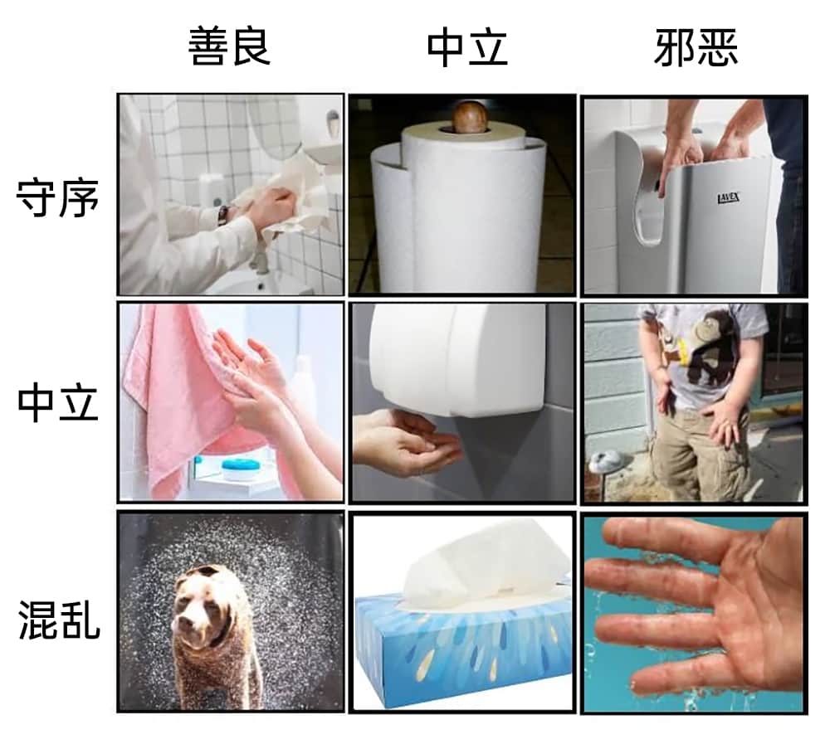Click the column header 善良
[x=229, y=46]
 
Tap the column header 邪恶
[x=696, y=46]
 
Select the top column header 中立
[x=467, y=46]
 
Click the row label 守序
[x=58, y=198]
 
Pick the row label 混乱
[x=59, y=620]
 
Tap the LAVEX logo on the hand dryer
[x=729, y=198]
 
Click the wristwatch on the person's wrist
[x=224, y=215]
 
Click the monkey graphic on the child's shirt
[x=706, y=347]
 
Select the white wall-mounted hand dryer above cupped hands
[x=458, y=360]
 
